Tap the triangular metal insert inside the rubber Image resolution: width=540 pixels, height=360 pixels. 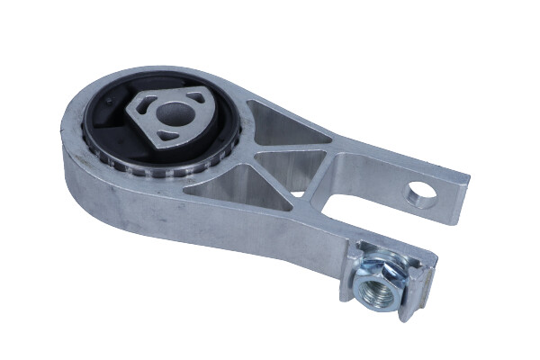coord(171,116)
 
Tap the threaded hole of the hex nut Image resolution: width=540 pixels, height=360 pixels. coord(371,289)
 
